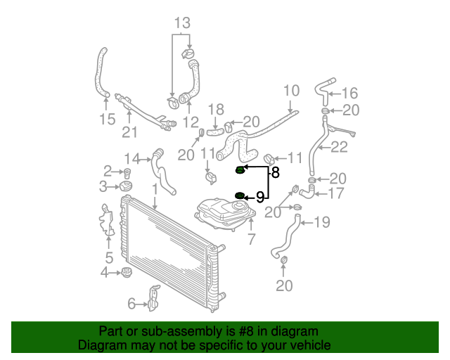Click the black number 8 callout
click(275, 172)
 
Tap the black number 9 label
click(260, 197)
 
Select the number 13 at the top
click(182, 23)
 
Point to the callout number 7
click(252, 239)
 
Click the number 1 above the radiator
click(155, 190)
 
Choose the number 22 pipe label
click(339, 147)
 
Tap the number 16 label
click(350, 94)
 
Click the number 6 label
click(131, 304)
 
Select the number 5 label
click(109, 257)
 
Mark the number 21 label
click(129, 132)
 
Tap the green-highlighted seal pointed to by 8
click(240, 170)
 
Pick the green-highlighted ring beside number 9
click(240, 195)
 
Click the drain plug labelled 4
click(126, 272)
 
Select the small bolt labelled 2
click(127, 174)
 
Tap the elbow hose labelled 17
click(308, 192)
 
